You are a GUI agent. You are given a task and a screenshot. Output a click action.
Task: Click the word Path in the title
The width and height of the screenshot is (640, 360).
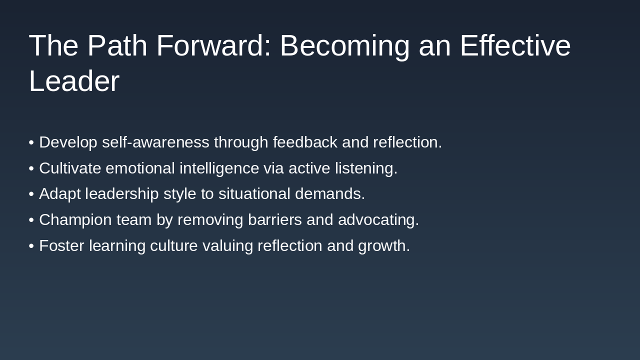tap(117, 45)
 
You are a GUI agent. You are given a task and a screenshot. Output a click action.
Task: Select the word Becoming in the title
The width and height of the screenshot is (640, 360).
tap(345, 47)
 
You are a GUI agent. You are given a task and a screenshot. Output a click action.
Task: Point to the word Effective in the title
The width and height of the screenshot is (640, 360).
tap(515, 45)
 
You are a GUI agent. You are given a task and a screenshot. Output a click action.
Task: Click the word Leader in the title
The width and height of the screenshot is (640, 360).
tap(74, 81)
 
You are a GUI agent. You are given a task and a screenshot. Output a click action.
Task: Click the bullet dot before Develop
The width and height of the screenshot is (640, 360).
tap(31, 142)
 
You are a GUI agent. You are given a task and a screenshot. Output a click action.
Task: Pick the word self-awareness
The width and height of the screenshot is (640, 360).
tap(155, 142)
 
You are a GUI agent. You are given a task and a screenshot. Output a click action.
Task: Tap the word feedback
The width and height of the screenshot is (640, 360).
tap(305, 142)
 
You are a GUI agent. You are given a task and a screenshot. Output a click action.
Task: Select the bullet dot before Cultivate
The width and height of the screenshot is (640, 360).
tap(31, 168)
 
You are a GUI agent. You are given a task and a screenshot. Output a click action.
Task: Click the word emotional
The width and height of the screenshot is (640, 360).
tap(140, 168)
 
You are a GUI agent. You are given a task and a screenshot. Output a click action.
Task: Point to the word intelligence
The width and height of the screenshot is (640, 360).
tap(219, 169)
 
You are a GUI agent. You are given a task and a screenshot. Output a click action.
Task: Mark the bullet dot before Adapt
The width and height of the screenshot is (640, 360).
tap(31, 194)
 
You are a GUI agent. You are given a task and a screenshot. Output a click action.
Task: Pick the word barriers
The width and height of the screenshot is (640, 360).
tap(275, 219)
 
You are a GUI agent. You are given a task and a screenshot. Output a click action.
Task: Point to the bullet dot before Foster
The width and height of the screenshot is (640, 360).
tap(31, 246)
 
